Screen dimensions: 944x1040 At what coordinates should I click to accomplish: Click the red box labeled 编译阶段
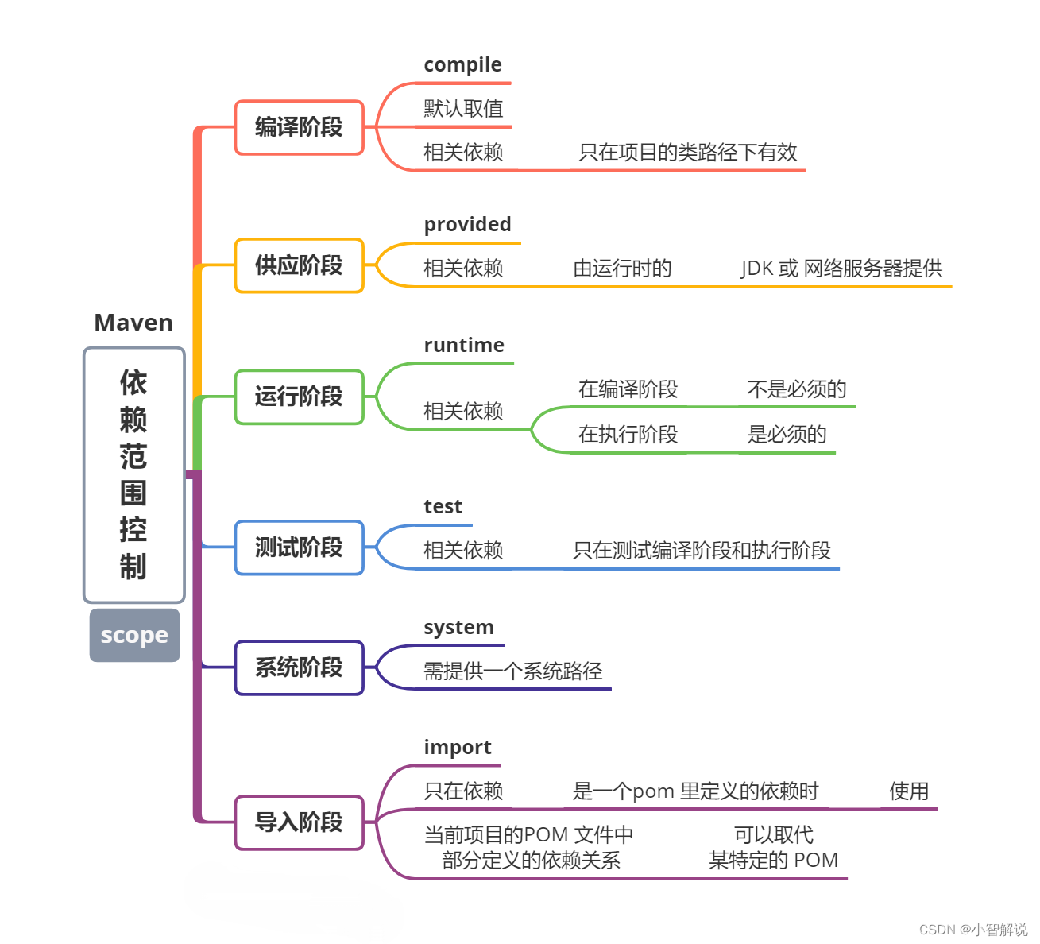299,127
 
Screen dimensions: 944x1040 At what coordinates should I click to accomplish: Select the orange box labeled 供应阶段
299,265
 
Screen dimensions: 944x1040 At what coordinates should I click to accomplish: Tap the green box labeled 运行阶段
299,397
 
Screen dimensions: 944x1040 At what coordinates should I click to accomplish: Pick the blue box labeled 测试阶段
299,547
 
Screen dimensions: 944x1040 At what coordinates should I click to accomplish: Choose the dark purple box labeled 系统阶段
299,667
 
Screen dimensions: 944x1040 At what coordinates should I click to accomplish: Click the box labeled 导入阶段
299,822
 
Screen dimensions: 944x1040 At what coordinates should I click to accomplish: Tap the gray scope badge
134,635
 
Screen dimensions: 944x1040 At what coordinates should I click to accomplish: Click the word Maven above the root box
133,323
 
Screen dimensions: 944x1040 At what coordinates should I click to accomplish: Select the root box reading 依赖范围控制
134,474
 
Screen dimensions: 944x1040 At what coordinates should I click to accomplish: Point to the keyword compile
462,65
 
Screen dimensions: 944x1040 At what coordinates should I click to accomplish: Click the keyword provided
467,225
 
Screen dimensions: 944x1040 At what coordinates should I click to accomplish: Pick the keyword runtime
464,346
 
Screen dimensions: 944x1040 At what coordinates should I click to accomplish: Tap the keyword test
443,507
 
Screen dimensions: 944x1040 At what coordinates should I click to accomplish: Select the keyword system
458,628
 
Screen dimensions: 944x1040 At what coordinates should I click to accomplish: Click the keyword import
457,748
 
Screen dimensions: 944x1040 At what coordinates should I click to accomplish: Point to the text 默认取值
463,109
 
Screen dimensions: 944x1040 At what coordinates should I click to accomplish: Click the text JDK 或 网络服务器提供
841,269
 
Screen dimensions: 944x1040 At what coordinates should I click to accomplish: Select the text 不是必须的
796,389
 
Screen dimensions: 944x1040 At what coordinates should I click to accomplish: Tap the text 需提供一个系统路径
512,671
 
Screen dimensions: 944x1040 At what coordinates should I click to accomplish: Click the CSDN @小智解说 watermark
972,929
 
